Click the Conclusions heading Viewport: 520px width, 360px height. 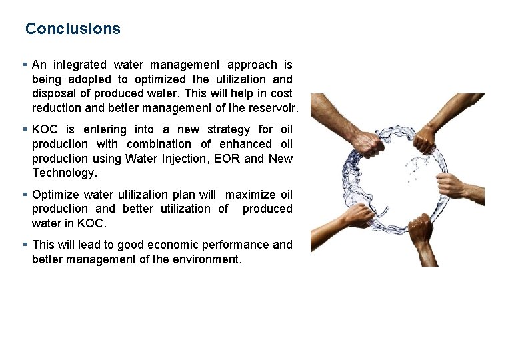(73, 29)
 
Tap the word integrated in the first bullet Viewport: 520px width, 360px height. (79, 65)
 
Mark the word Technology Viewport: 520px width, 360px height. (64, 173)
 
